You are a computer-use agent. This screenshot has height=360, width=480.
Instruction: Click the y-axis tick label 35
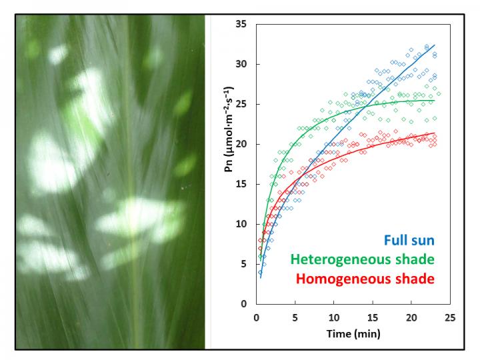coord(241,24)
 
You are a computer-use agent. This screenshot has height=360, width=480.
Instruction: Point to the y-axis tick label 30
coord(241,64)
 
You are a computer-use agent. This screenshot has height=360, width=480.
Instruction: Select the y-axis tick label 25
coord(241,104)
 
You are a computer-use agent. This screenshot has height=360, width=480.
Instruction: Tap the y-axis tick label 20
coord(241,144)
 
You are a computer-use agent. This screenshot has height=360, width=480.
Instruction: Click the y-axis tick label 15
coord(241,184)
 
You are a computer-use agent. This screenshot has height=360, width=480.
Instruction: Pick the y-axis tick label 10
coord(241,224)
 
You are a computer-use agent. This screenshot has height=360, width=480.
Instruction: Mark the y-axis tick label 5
coord(244,264)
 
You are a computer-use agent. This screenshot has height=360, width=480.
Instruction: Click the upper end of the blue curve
coord(434,45)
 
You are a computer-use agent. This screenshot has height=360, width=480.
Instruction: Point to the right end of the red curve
coord(435,133)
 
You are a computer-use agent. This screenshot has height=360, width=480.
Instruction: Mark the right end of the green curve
coord(435,100)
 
